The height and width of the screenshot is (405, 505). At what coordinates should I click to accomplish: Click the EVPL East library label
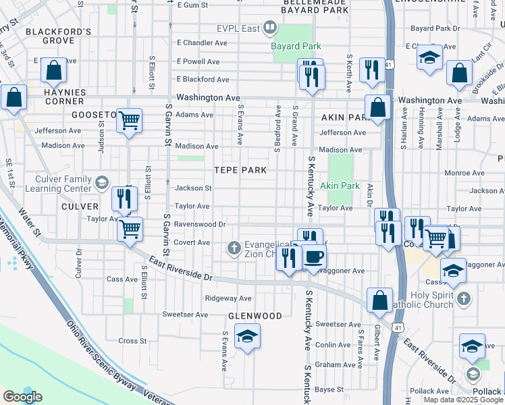(x=239, y=28)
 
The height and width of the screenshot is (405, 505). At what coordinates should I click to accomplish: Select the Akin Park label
(x=340, y=185)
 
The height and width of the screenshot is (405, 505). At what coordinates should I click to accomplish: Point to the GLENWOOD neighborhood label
(x=255, y=316)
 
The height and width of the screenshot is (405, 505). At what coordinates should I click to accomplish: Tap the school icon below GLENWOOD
(x=247, y=335)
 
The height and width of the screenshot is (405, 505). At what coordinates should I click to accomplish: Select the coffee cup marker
(x=313, y=257)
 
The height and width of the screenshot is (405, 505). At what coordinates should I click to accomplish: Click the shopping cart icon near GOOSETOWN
(x=129, y=121)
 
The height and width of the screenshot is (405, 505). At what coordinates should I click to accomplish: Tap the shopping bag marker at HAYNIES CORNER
(x=53, y=70)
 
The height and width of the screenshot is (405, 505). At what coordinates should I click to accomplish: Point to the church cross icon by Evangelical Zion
(x=234, y=248)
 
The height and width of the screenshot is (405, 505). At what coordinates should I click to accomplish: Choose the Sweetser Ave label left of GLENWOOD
(x=185, y=315)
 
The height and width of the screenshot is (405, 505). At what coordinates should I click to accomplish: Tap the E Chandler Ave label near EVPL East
(x=202, y=43)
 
